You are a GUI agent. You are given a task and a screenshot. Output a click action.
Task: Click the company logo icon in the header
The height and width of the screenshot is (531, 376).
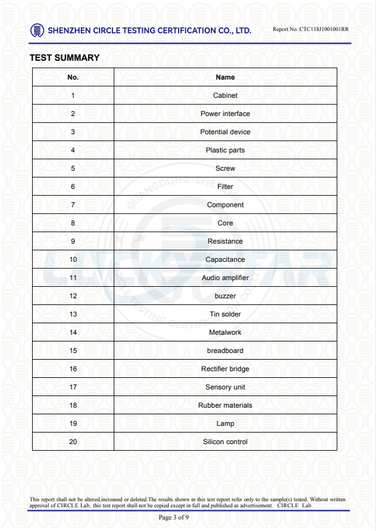[x=37, y=30]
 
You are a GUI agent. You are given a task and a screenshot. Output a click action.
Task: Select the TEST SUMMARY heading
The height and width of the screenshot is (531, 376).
[x=64, y=58]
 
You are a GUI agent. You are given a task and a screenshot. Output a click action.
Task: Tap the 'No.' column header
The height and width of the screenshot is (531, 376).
[x=73, y=77]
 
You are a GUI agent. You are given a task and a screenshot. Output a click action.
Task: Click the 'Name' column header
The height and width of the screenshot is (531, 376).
[x=225, y=77]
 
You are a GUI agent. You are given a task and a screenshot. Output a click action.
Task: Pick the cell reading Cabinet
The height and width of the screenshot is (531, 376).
[x=225, y=95]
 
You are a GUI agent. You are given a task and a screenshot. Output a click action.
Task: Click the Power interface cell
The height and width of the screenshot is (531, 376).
[x=225, y=114]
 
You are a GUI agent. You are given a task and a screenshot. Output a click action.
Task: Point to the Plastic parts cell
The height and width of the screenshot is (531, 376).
[x=225, y=150]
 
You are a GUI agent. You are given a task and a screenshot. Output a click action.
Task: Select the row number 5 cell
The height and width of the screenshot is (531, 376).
[x=73, y=168]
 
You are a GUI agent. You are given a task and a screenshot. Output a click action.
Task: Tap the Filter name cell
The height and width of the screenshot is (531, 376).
[x=225, y=187]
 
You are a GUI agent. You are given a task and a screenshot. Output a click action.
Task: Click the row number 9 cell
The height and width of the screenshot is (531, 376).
[x=73, y=241]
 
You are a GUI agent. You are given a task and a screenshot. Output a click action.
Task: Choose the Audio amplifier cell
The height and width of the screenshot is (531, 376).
[x=225, y=278]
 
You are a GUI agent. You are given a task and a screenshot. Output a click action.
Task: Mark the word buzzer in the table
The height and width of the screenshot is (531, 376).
[x=225, y=296]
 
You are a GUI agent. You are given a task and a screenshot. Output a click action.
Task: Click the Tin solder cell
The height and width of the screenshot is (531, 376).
[x=225, y=314]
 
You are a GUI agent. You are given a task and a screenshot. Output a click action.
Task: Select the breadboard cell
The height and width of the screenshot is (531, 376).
[x=225, y=351]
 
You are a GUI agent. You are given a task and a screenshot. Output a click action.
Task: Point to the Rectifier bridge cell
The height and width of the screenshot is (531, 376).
[x=225, y=369]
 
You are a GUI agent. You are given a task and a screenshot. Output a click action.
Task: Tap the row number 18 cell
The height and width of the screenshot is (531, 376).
[x=73, y=405]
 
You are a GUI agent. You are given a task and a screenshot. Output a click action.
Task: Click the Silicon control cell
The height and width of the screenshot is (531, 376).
[x=225, y=442]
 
